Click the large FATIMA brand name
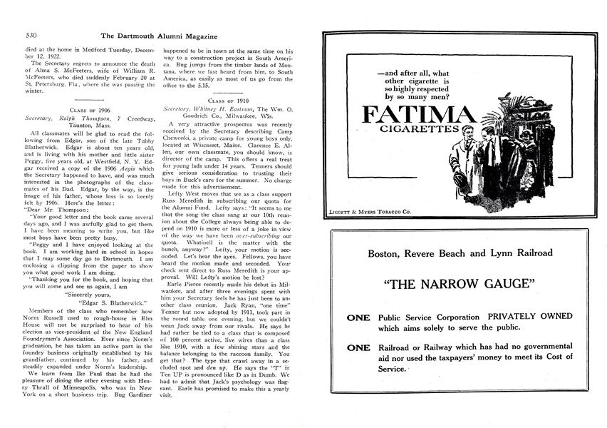(x=417, y=116)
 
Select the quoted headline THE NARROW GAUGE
(x=460, y=285)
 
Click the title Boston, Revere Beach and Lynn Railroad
(x=460, y=253)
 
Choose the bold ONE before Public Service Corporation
(x=358, y=317)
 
